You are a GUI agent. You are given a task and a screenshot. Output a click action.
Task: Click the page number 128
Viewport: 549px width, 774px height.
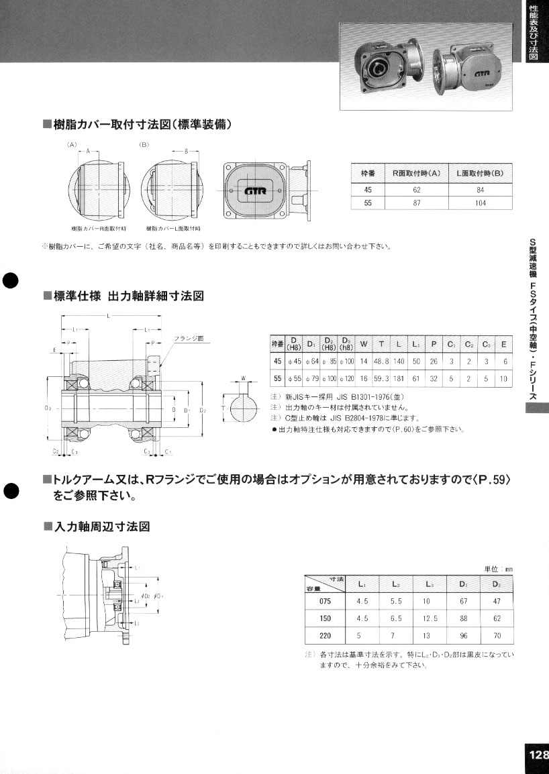pos(537,754)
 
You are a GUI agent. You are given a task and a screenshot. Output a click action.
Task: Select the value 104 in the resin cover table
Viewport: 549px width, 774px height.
pos(480,202)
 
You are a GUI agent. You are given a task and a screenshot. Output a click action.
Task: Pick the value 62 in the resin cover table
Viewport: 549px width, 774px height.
pos(416,189)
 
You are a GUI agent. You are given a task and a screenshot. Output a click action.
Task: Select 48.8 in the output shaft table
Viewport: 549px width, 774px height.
pos(381,361)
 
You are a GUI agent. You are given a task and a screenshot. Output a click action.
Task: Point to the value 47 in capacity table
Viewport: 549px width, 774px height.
pos(497,601)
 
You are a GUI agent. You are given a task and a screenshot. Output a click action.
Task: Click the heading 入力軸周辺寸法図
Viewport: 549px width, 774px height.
pos(101,527)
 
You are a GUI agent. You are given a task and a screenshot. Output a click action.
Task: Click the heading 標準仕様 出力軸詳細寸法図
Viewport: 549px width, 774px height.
pos(128,296)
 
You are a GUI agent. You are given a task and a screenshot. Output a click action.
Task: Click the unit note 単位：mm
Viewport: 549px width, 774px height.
pos(498,568)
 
